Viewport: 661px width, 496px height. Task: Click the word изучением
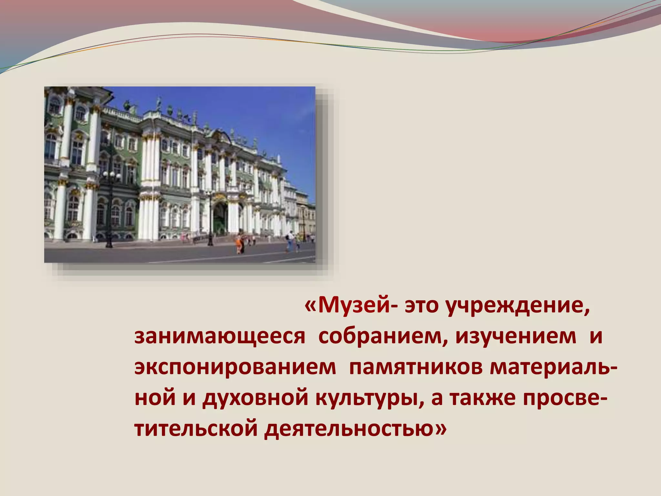(x=516, y=336)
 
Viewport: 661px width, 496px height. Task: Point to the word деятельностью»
(x=355, y=429)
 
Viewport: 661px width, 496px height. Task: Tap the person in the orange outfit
(x=238, y=244)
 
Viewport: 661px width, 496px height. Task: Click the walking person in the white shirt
(x=290, y=241)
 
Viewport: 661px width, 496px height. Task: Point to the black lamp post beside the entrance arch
(x=210, y=220)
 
